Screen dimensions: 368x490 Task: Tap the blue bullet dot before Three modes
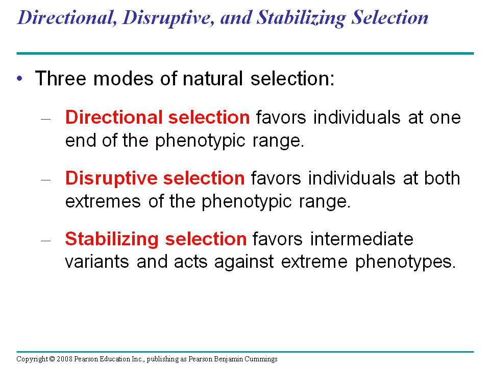[x=20, y=78]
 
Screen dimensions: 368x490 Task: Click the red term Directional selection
[x=157, y=118]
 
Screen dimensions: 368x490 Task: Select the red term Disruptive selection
[x=155, y=178]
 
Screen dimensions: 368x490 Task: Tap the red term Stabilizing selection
[x=156, y=239]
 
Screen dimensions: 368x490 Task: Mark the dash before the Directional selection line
[x=46, y=119]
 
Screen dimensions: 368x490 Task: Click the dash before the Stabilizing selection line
[x=46, y=240]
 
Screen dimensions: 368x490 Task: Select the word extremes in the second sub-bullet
[x=104, y=201]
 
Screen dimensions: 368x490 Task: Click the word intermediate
[x=361, y=239]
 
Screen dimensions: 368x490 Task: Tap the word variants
[x=97, y=262]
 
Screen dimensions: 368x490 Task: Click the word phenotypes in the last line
[x=404, y=262]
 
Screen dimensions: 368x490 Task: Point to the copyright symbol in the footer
[x=52, y=359]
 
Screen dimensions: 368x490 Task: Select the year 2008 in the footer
[x=64, y=359]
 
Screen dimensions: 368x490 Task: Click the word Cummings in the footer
[x=261, y=359]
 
